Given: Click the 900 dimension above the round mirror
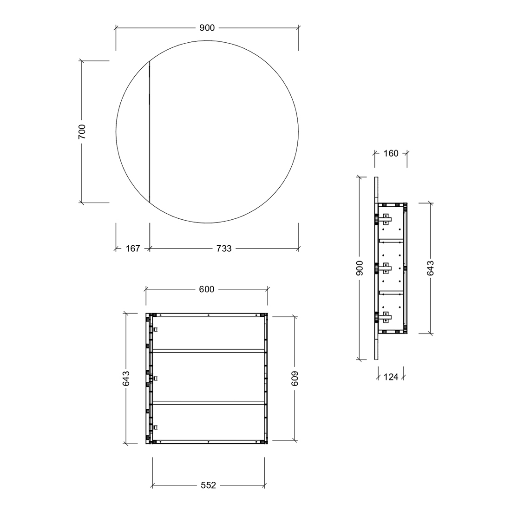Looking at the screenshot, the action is click(x=207, y=28).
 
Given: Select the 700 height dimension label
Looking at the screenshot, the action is click(x=82, y=131).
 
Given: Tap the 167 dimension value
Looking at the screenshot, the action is click(x=133, y=249).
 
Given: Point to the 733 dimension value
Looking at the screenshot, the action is click(x=224, y=249).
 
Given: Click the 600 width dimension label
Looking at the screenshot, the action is click(x=207, y=289).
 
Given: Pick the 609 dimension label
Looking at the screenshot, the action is click(x=295, y=379).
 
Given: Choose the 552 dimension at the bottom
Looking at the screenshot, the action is click(x=208, y=485).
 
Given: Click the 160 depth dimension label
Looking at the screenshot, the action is click(x=391, y=153).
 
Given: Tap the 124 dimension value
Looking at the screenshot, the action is click(x=391, y=377).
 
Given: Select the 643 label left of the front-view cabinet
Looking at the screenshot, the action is click(x=126, y=378).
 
